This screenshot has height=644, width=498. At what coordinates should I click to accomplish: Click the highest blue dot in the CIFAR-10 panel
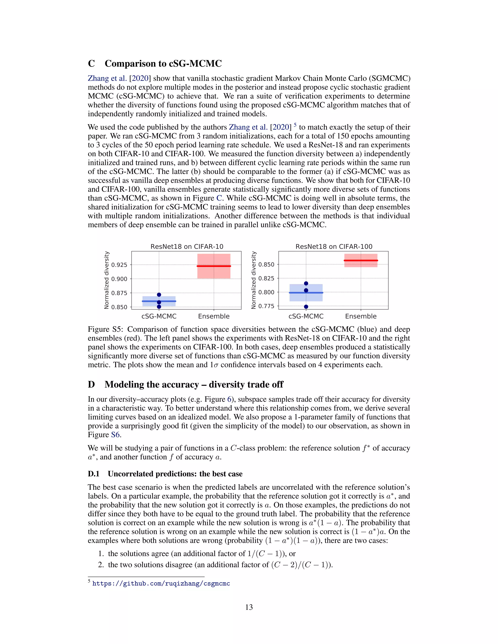click(x=159, y=295)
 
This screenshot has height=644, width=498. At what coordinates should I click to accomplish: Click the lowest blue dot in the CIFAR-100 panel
click(x=306, y=307)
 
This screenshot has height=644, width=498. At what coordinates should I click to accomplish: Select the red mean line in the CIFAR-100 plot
click(x=361, y=260)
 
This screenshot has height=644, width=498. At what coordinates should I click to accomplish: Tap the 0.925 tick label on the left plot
click(x=119, y=265)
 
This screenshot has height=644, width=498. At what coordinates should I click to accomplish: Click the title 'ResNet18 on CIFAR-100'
click(x=334, y=246)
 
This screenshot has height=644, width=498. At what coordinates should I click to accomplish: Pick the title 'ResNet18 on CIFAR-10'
click(x=187, y=246)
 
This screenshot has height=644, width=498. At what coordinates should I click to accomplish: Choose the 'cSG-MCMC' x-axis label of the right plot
click(x=306, y=316)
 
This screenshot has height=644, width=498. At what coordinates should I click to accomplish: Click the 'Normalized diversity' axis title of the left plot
click(x=107, y=280)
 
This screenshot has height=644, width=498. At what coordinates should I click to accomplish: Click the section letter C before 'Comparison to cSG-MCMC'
click(x=91, y=64)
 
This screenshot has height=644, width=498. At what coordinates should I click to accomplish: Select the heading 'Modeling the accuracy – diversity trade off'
click(x=194, y=384)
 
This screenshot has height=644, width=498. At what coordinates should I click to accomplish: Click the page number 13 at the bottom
click(x=249, y=607)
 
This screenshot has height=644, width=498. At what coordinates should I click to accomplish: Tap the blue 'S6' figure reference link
click(x=116, y=435)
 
